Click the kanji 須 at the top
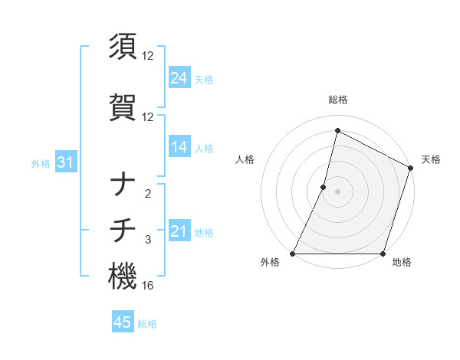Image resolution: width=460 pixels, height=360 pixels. [123, 46]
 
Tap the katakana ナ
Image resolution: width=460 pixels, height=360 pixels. [123, 185]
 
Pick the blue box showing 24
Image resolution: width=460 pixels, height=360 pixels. [179, 78]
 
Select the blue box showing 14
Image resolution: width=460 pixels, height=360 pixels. [179, 147]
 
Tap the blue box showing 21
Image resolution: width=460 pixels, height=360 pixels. [179, 231]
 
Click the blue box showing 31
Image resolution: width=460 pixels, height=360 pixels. [65, 162]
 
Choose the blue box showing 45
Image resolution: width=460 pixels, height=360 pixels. [123, 322]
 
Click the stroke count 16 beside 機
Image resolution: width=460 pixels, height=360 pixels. [148, 286]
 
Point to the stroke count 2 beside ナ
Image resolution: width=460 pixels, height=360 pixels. [148, 194]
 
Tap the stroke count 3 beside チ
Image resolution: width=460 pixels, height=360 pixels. [148, 240]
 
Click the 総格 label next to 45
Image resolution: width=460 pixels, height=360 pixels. [147, 324]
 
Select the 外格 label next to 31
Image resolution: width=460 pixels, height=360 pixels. [41, 163]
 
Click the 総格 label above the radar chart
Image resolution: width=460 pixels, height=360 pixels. [337, 100]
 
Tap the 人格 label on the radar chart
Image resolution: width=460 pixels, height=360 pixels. [245, 159]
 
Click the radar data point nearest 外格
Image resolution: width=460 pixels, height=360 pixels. [293, 253]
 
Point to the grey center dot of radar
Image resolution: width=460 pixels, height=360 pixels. [337, 191]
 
